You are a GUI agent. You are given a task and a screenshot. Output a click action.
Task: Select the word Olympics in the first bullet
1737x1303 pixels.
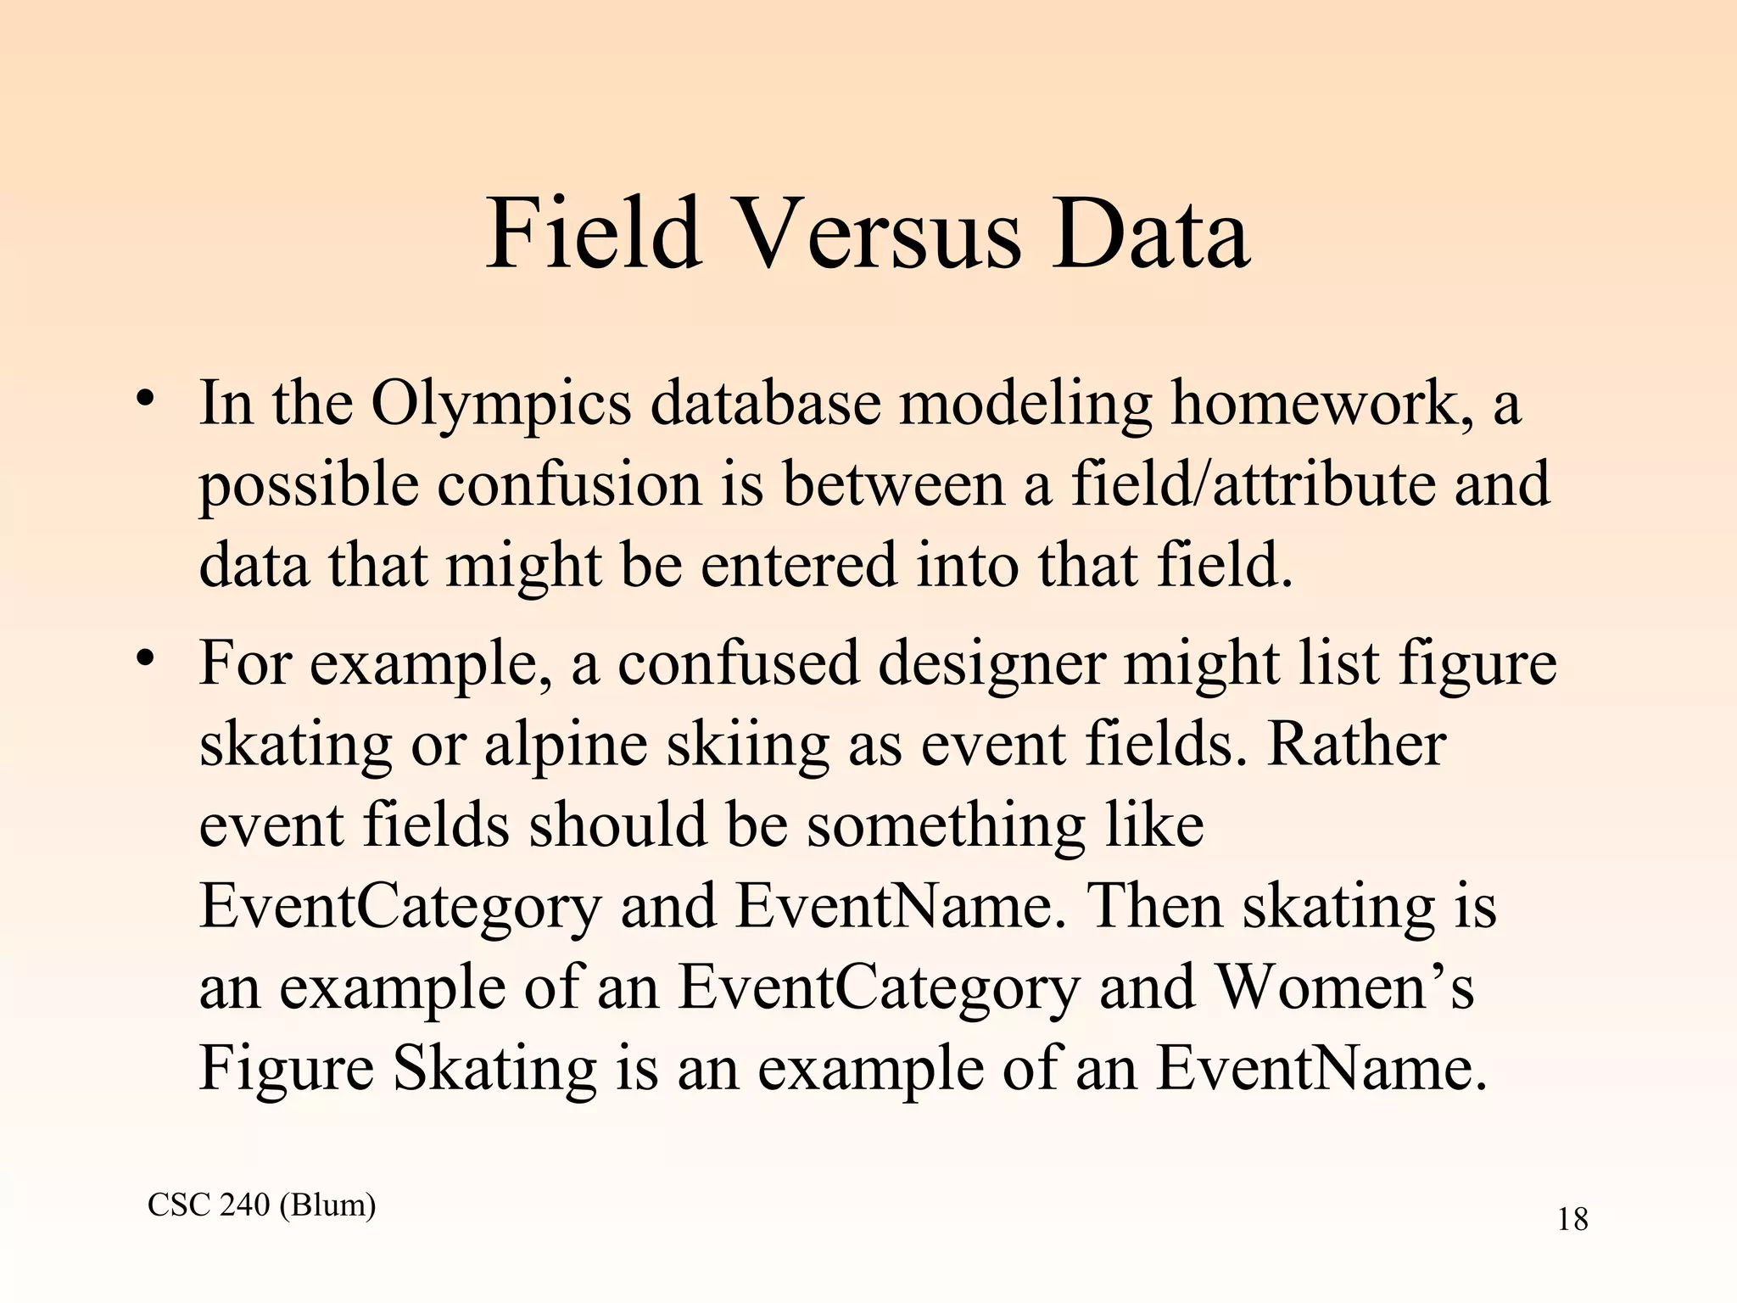500,403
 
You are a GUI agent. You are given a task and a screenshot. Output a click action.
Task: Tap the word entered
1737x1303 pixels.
798,565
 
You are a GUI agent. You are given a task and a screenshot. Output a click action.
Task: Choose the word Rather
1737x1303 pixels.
1356,745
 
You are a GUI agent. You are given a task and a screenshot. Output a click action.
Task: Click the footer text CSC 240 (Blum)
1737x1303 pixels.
261,1205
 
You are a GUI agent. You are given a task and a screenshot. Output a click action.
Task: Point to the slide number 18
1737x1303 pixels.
1572,1220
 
